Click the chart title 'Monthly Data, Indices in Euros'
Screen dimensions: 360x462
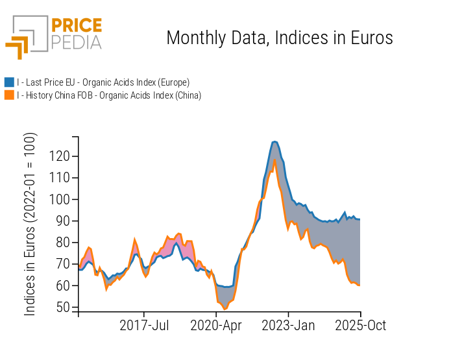(x=280, y=38)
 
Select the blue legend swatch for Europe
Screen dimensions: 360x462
(x=9, y=82)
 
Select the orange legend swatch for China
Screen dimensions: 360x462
(x=9, y=95)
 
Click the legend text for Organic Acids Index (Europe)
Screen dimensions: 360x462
(x=103, y=82)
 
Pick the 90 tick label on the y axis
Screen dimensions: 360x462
(x=62, y=221)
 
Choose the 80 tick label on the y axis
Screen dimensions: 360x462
(x=62, y=243)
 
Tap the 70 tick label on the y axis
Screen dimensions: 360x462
(x=62, y=264)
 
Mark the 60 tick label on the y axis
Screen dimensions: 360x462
(x=62, y=285)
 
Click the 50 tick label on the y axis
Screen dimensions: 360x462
(x=62, y=307)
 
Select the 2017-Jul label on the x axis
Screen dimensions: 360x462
(x=145, y=326)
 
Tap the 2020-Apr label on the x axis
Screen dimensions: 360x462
(x=216, y=326)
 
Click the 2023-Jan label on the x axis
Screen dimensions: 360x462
(x=289, y=326)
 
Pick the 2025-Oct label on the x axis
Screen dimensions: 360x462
(x=360, y=326)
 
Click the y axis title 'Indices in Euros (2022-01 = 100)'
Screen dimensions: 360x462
(x=30, y=224)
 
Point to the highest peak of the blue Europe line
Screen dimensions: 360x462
(x=275, y=141)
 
